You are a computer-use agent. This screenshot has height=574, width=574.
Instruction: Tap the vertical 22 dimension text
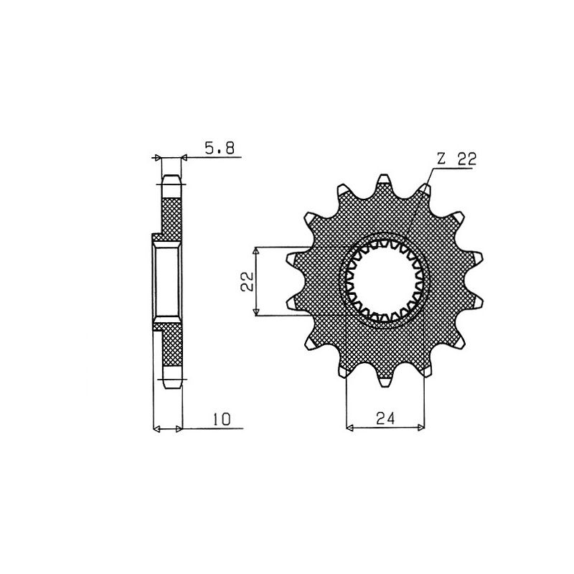click(245, 281)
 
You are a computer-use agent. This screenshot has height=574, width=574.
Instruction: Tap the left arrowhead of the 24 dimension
click(350, 429)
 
